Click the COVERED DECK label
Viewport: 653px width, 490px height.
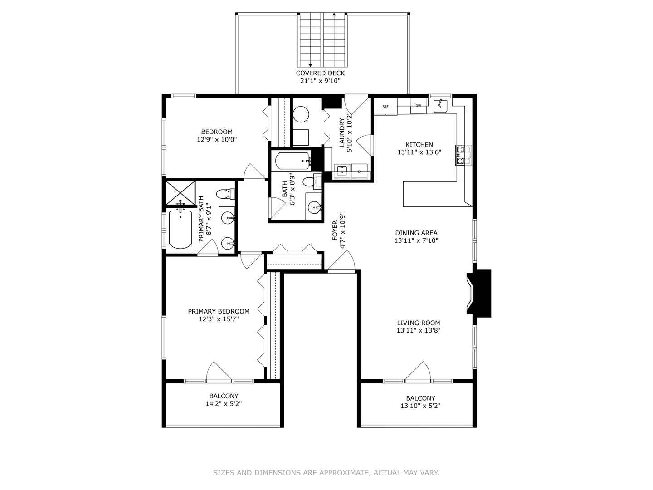(320, 73)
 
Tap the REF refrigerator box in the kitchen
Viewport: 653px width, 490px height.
(385, 107)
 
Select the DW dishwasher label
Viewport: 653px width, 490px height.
(418, 106)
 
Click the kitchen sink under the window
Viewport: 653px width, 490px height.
(440, 106)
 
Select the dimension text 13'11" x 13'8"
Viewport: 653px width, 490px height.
(419, 331)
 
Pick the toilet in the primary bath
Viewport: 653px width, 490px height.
(224, 194)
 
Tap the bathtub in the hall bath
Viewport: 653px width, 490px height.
(292, 160)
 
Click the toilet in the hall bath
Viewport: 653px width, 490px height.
(311, 182)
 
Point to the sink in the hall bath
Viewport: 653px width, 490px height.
(314, 207)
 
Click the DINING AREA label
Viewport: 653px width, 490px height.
(416, 233)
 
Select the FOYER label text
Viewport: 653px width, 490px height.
(335, 230)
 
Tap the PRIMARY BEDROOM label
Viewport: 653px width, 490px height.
(219, 311)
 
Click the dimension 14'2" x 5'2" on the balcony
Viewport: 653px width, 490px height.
(224, 404)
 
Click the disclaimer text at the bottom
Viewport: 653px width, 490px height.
(326, 473)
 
